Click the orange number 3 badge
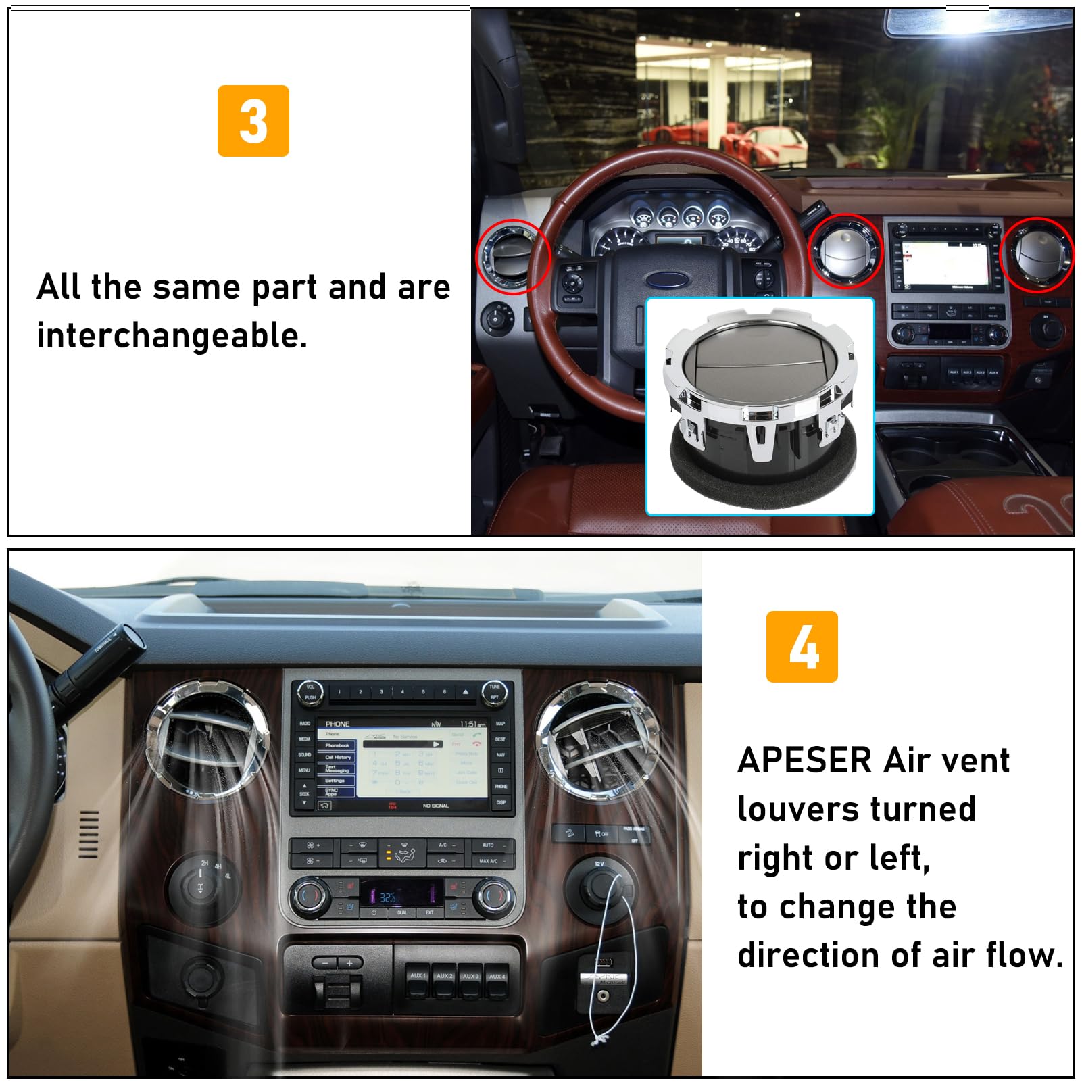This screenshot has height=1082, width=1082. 253,121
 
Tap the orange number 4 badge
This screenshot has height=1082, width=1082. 802,647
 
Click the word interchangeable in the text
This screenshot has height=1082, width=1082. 172,336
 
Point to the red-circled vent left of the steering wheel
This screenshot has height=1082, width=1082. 512,257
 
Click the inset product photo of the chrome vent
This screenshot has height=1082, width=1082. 760,406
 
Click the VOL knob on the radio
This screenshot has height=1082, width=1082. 310,691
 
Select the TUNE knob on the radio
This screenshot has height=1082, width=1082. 495,691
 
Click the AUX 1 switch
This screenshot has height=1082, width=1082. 418,981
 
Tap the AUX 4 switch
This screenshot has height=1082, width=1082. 497,981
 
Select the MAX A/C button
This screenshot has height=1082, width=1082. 488,861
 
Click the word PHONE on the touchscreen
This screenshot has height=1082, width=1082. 337,724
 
